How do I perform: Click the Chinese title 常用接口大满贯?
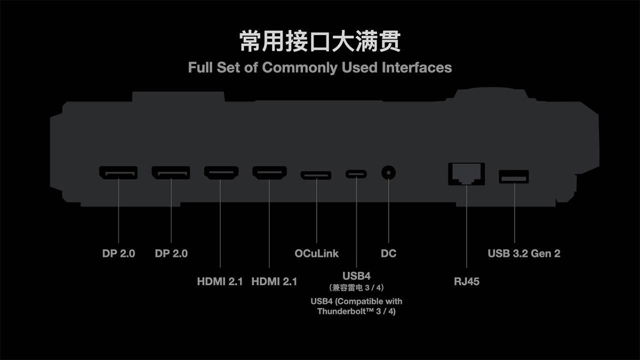tap(320, 42)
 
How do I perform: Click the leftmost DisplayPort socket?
tap(118, 173)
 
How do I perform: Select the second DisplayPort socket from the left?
tap(171, 173)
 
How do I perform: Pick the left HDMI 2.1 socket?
tap(221, 173)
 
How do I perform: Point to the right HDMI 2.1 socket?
tap(269, 173)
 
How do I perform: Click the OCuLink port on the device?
tap(316, 175)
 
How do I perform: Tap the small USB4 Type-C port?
tap(356, 174)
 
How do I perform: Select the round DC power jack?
tap(389, 173)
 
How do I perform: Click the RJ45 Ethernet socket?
tap(467, 174)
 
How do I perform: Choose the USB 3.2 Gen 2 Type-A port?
tap(514, 177)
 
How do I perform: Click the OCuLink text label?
tap(317, 253)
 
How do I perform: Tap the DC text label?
tap(389, 253)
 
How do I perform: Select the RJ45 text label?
tap(467, 282)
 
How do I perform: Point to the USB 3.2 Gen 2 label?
tap(524, 253)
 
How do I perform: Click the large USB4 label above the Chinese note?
tap(357, 276)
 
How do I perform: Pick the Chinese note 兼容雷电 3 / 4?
tap(356, 287)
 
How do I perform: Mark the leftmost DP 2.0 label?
tap(118, 253)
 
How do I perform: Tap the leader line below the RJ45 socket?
tap(467, 226)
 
